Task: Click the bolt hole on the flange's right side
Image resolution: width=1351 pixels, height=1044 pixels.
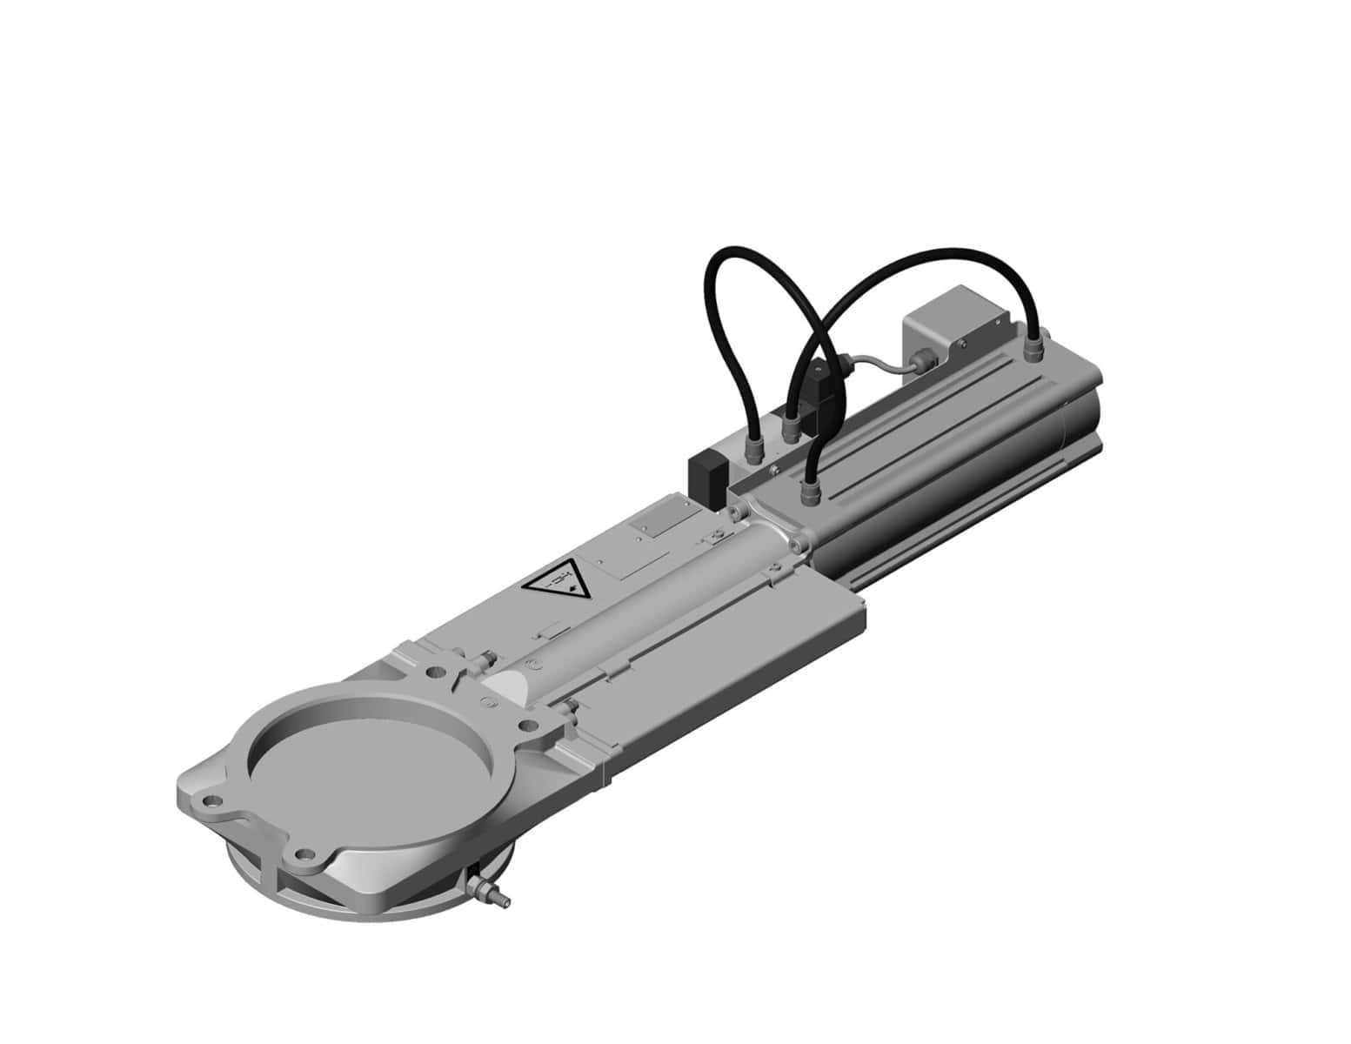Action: (525, 725)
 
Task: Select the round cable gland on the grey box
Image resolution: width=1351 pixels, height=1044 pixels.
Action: (920, 358)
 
